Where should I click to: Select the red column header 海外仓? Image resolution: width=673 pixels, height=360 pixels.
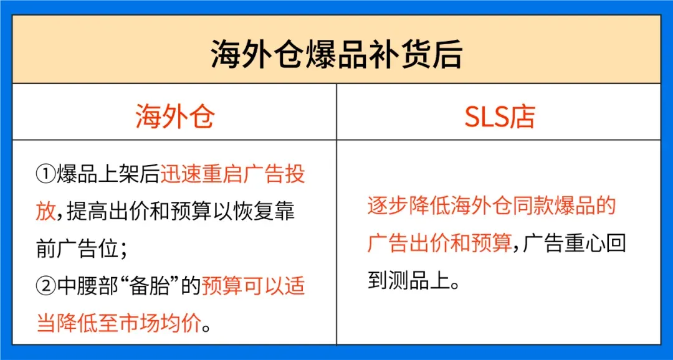click(174, 116)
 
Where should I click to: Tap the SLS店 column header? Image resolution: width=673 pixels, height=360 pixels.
click(499, 116)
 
